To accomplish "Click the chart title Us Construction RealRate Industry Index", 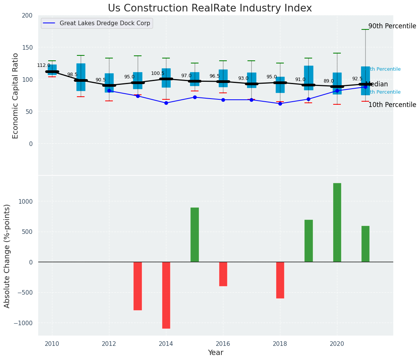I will point(210,8).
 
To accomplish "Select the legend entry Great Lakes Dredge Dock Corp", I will point(97,23).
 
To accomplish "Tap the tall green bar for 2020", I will point(337,222).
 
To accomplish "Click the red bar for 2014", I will point(166,295).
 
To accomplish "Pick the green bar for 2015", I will point(195,235).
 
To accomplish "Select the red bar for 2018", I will point(280,280).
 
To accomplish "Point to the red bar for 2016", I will point(223,274).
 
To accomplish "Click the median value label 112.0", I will point(44,65).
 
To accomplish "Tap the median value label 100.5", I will point(158,73).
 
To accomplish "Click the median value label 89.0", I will point(328,81).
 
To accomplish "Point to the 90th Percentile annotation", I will point(392,26).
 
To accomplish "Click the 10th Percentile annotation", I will point(392,105).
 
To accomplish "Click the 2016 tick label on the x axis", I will point(223,344).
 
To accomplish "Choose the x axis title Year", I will point(216,353).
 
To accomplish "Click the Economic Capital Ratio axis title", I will point(16,96).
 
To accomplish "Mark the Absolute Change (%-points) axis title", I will point(7,256).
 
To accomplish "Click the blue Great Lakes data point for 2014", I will point(166,103).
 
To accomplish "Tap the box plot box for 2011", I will point(81,77).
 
